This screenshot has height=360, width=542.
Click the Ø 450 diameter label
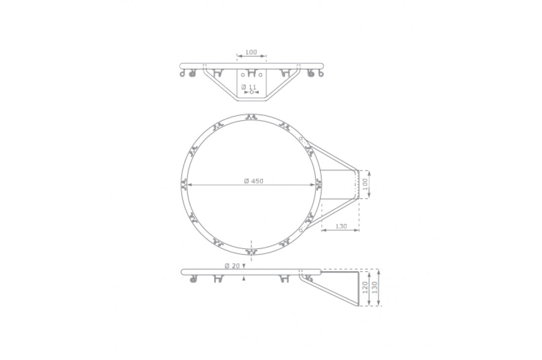[254, 181]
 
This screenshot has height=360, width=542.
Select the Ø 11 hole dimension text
[248, 86]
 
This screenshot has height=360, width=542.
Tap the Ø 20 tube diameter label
[232, 266]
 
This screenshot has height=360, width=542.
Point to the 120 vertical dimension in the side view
[365, 288]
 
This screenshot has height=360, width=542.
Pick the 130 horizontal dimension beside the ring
[341, 226]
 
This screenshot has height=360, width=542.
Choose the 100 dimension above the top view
[251, 52]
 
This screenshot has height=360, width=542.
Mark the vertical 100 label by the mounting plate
[365, 184]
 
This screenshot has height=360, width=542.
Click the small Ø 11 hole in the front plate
[252, 92]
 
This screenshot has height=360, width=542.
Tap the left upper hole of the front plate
[242, 75]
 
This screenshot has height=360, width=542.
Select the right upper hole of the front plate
[261, 75]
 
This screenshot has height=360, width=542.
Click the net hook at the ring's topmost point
[251, 117]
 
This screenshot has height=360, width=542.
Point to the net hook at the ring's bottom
[251, 252]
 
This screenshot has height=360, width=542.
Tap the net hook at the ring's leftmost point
[184, 185]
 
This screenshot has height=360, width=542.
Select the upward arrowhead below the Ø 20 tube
[244, 278]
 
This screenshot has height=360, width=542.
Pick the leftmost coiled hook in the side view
[193, 280]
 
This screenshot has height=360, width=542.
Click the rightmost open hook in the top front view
[321, 74]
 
